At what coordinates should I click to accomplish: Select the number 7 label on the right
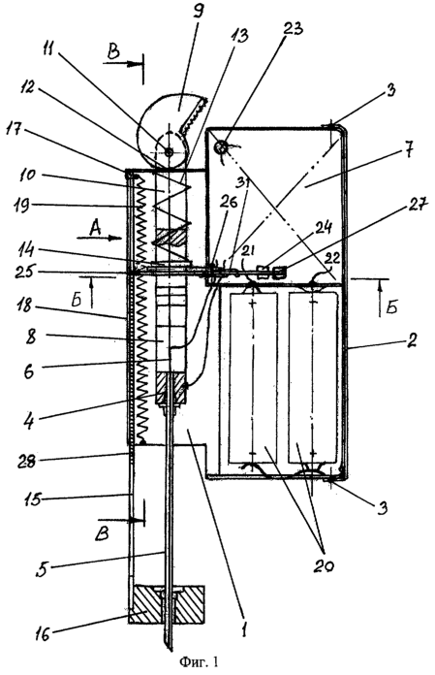(409, 153)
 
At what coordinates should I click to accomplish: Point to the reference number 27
(416, 207)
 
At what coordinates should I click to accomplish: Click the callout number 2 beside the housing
(412, 341)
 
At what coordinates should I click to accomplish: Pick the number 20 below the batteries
(323, 565)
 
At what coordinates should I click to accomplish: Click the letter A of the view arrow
(96, 229)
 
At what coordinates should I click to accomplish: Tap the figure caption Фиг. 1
(199, 661)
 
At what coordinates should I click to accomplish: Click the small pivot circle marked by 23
(221, 147)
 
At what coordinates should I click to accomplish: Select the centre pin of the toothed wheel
(168, 151)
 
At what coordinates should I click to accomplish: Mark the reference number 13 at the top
(239, 36)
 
